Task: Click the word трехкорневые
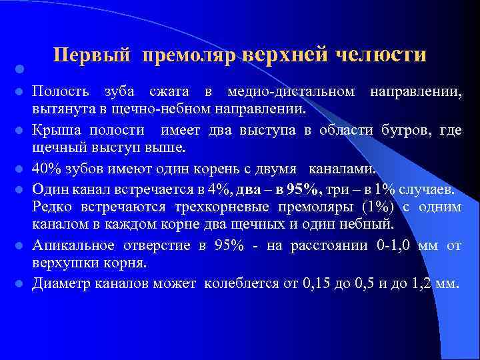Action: (x=203, y=207)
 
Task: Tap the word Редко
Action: (x=53, y=207)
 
